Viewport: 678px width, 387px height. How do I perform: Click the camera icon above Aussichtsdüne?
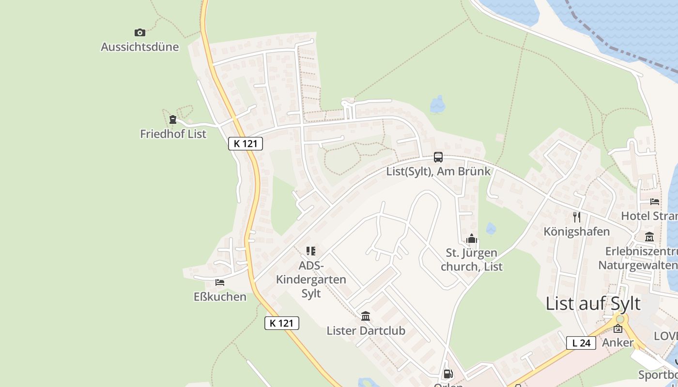[140, 32]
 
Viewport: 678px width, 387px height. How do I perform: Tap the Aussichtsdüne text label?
[140, 47]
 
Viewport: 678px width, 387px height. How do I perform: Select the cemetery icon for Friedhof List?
[173, 119]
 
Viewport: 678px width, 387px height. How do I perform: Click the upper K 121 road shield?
[246, 144]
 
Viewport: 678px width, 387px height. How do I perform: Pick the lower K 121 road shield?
[282, 323]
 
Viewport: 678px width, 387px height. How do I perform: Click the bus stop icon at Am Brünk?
[438, 157]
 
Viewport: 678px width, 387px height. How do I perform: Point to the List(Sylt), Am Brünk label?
[438, 171]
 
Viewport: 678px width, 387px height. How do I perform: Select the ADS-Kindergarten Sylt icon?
[311, 251]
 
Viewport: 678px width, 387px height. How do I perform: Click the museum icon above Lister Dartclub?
[366, 316]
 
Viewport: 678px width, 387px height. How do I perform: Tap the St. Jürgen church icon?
[472, 238]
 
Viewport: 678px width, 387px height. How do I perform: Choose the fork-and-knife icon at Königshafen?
[576, 217]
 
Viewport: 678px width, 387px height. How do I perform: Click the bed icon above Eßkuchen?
[220, 282]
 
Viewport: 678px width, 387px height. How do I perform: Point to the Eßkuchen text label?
[220, 297]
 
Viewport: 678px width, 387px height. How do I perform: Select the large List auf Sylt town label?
[593, 304]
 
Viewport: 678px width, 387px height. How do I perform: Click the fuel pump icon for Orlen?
[448, 373]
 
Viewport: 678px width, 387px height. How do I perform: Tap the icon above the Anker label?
[618, 329]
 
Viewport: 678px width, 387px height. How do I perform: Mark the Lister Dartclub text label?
[366, 331]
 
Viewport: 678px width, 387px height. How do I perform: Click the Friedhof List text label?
[173, 134]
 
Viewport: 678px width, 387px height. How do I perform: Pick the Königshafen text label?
[576, 231]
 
